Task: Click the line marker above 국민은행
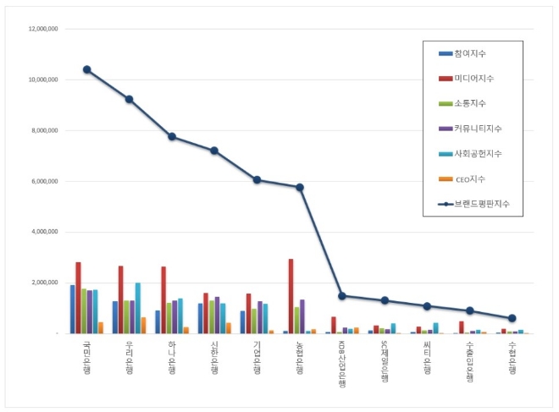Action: pos(86,69)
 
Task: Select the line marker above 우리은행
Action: pos(129,99)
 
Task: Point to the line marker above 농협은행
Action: pos(299,187)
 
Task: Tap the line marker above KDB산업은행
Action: pos(341,296)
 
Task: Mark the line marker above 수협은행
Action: pos(512,318)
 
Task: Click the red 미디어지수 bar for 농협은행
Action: pos(291,296)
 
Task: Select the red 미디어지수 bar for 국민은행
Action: pos(78,298)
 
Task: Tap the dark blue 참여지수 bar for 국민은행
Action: pos(72,310)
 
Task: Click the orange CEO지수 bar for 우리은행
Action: pos(144,325)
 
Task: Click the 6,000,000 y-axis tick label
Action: pos(42,181)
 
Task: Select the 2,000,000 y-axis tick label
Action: pos(42,283)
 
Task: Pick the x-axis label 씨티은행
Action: pos(427,359)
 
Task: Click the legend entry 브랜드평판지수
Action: pos(480,204)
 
